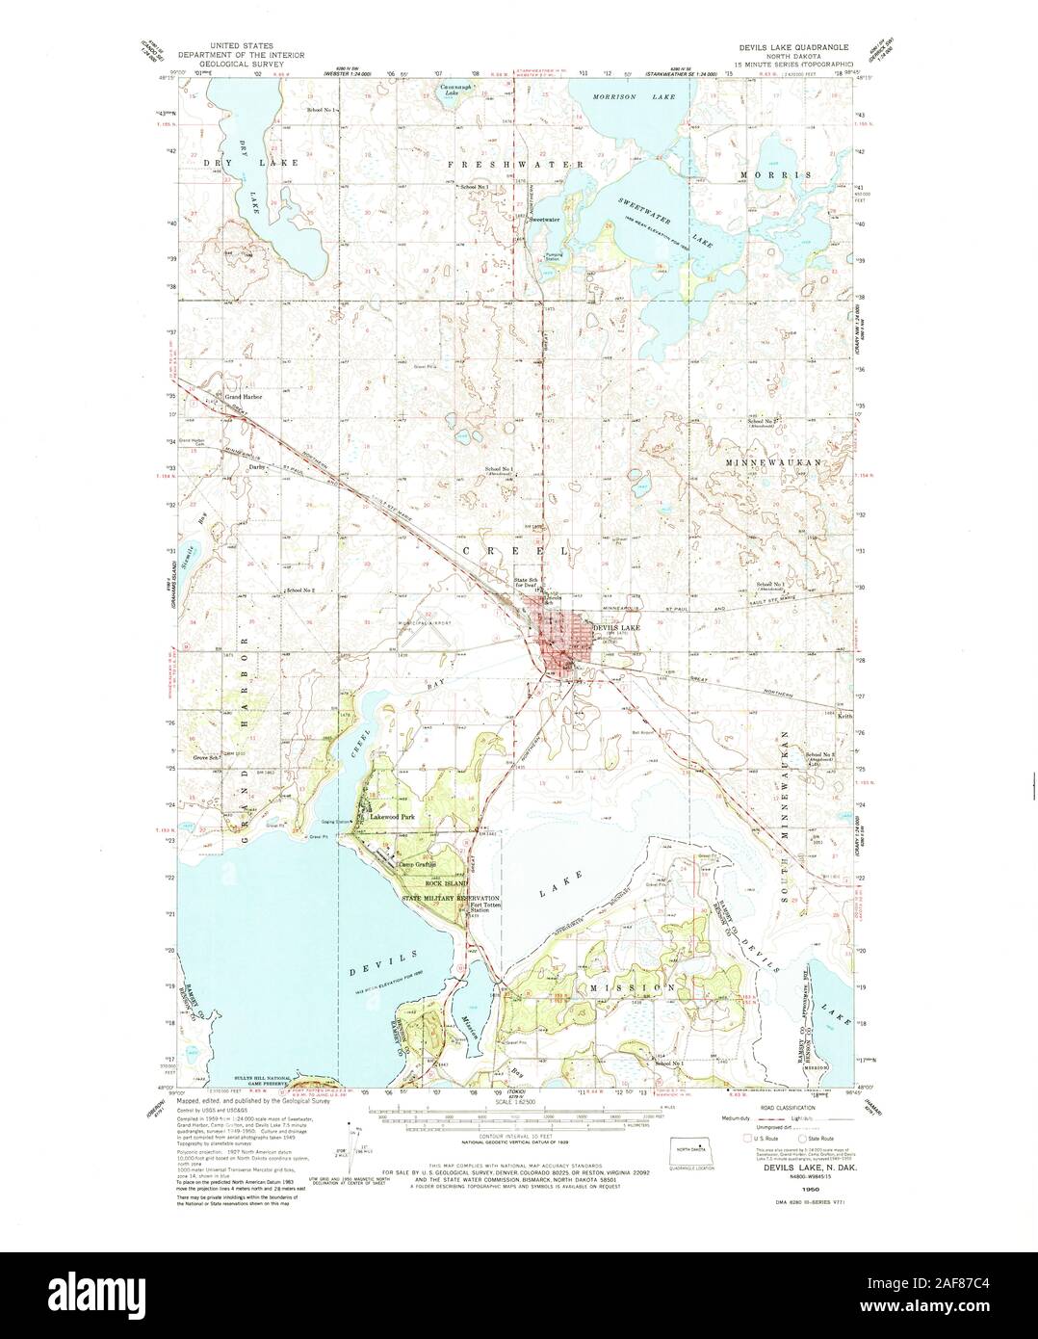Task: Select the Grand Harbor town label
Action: [244, 396]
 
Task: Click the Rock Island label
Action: [450, 883]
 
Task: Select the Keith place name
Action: [843, 716]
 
